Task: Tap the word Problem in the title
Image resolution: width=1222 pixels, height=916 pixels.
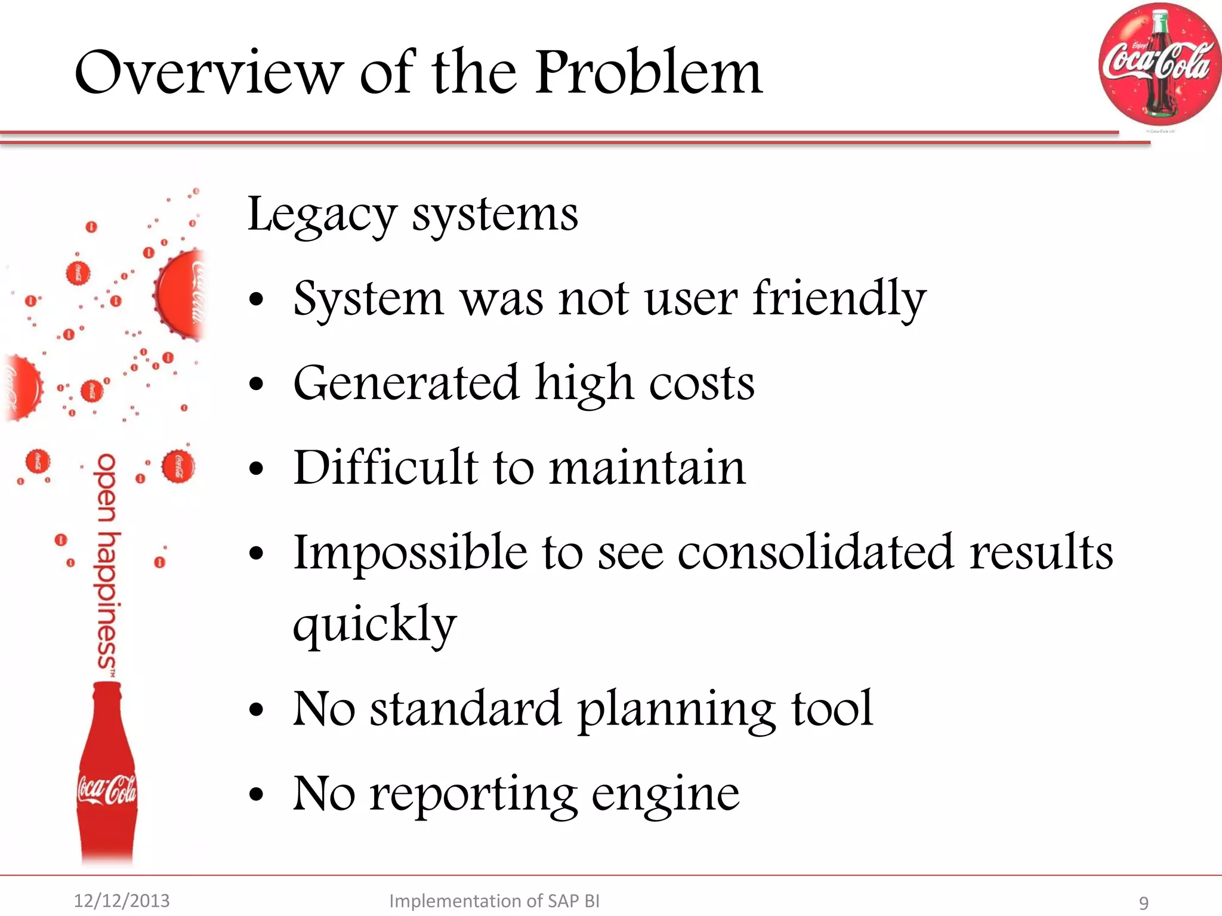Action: [649, 73]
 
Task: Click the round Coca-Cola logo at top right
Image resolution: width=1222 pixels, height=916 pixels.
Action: [1159, 64]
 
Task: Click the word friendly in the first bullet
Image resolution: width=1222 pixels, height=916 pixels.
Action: [839, 299]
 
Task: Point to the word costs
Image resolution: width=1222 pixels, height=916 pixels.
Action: [702, 383]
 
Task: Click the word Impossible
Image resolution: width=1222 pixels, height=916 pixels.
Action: [411, 552]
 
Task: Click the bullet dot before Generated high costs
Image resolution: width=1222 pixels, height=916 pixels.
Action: [257, 385]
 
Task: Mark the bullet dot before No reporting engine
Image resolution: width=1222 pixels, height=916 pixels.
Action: [257, 795]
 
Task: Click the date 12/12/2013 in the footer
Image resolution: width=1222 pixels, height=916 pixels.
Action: [122, 900]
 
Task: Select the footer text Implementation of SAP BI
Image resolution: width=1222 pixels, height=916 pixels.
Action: [494, 900]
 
